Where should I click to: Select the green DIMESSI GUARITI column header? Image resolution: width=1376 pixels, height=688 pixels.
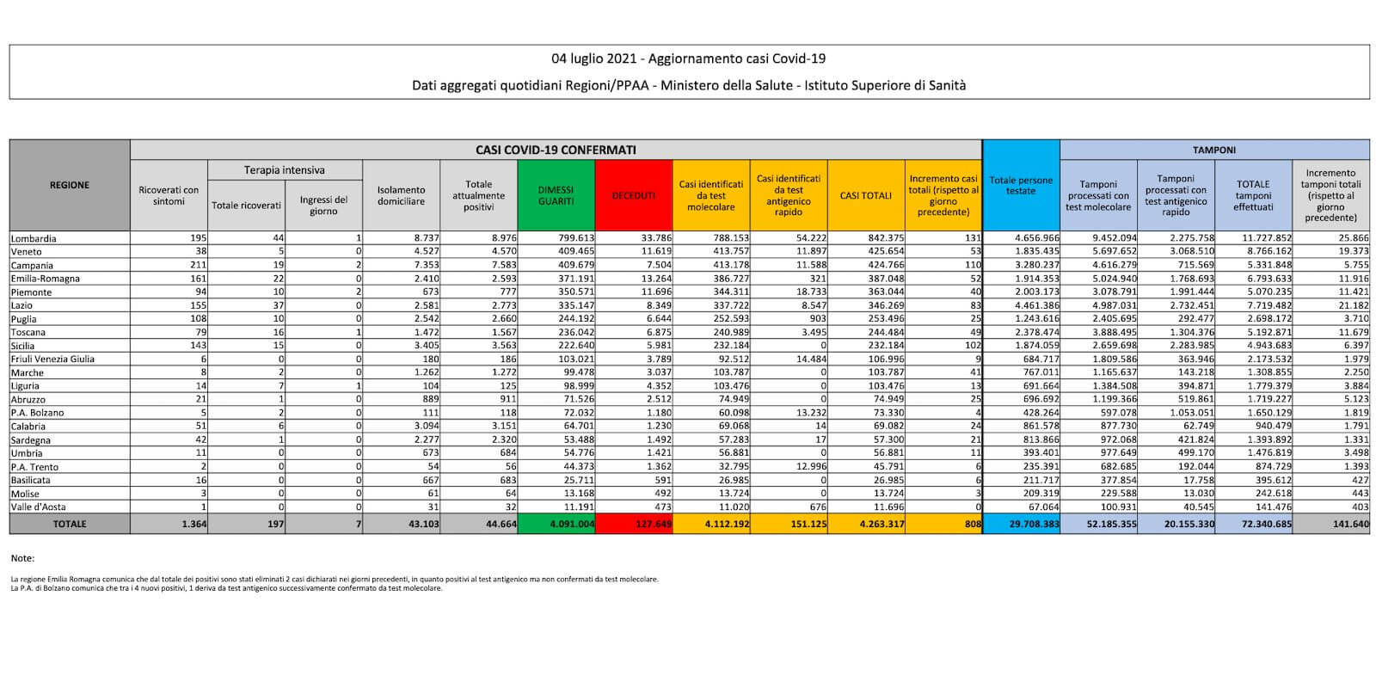(x=556, y=195)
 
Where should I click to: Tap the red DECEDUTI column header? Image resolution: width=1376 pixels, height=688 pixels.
(x=633, y=195)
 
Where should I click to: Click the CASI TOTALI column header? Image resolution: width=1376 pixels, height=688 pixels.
(x=865, y=195)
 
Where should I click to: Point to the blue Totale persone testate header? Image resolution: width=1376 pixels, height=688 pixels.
(x=1021, y=185)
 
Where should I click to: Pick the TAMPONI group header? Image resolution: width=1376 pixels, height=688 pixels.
(x=1214, y=150)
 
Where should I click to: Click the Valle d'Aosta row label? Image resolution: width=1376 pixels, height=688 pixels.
(x=35, y=507)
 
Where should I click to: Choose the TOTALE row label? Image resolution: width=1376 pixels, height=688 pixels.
(x=70, y=524)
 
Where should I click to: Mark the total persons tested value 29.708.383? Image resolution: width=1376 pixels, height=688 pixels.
(x=1029, y=524)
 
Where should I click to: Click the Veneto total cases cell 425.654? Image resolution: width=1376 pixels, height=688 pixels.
(x=883, y=252)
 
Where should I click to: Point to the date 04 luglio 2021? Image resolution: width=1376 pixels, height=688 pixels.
(x=593, y=59)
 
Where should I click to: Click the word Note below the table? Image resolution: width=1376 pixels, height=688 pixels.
(x=22, y=558)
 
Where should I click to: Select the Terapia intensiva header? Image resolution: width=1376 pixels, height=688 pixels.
(x=285, y=170)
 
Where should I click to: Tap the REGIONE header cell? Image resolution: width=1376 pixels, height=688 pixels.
(x=70, y=185)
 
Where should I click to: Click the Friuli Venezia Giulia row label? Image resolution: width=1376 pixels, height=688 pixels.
(x=52, y=359)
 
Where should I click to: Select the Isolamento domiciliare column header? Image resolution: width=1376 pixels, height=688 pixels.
(x=401, y=195)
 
